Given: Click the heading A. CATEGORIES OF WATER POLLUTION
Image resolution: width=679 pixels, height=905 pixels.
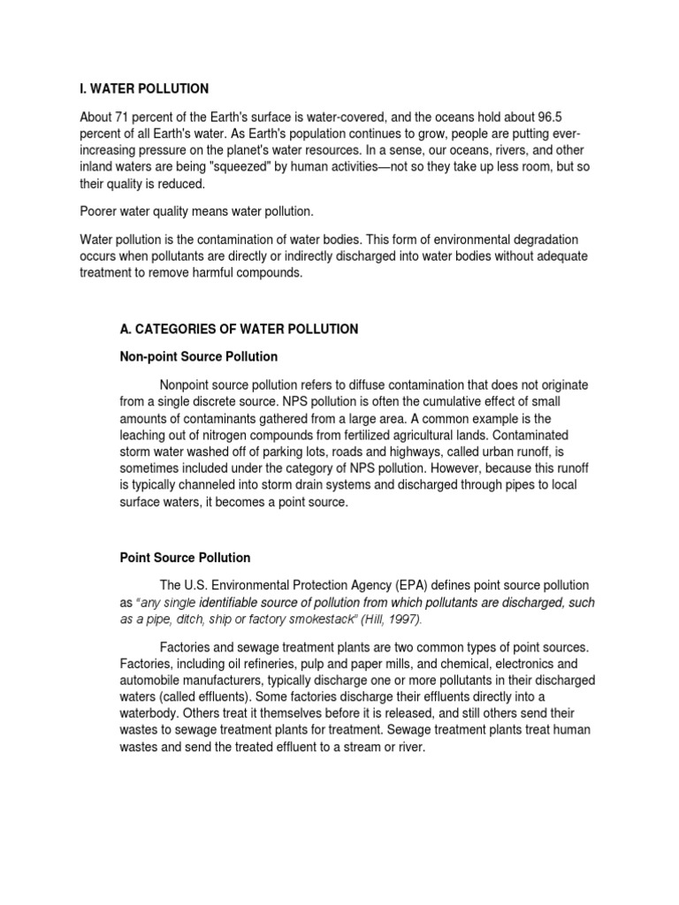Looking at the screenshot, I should tap(239, 329).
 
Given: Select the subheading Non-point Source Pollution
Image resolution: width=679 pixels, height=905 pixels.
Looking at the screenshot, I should tap(199, 356).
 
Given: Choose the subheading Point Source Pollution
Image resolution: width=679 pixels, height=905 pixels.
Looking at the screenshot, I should tap(185, 558).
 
